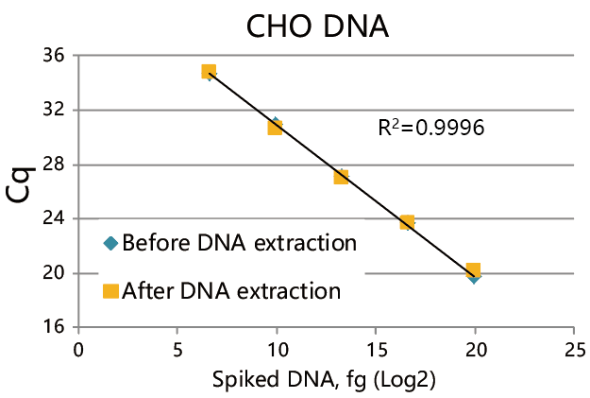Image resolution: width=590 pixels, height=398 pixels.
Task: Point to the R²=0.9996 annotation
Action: pyautogui.click(x=430, y=128)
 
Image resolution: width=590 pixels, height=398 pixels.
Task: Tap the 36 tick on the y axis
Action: pyautogui.click(x=55, y=56)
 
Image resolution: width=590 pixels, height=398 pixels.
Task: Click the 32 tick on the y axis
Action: pyautogui.click(x=55, y=110)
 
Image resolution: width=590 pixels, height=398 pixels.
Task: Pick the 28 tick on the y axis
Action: pyautogui.click(x=55, y=164)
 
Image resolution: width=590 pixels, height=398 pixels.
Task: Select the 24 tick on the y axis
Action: pyautogui.click(x=55, y=218)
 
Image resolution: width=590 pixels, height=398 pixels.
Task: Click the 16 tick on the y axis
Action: pyautogui.click(x=55, y=328)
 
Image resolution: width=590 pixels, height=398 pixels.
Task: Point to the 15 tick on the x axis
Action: pyautogui.click(x=376, y=347)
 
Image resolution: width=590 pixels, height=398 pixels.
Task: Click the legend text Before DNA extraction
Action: pyautogui.click(x=239, y=243)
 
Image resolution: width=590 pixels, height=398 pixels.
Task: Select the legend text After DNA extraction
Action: pyautogui.click(x=231, y=290)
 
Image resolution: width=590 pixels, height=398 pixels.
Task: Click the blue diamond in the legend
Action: pyautogui.click(x=110, y=244)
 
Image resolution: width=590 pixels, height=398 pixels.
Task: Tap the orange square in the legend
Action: pyautogui.click(x=110, y=291)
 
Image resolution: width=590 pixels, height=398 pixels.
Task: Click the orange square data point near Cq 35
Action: pyautogui.click(x=209, y=72)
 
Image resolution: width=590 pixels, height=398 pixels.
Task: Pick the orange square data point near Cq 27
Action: pyautogui.click(x=341, y=177)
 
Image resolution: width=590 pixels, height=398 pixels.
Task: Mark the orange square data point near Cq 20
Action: pyautogui.click(x=473, y=271)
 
